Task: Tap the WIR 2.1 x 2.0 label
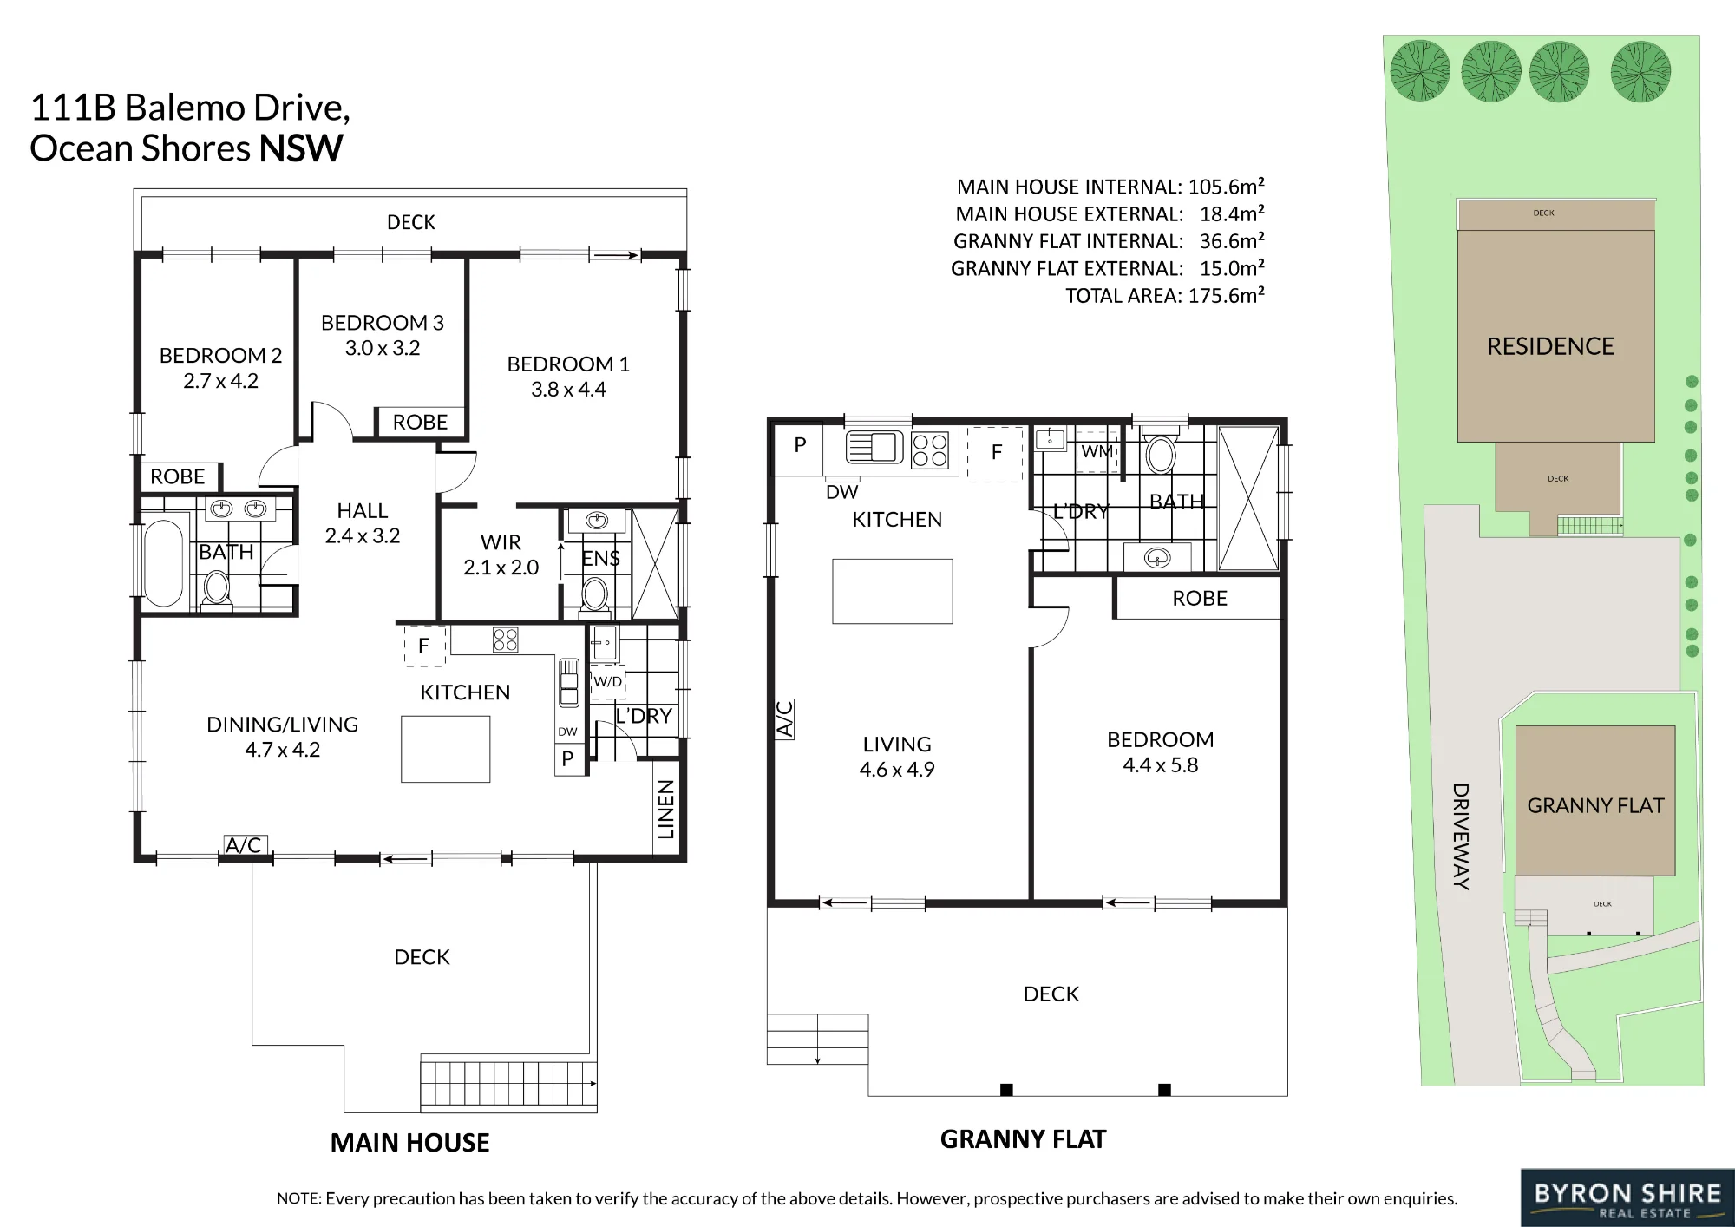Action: tap(501, 554)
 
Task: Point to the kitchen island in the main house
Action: tap(445, 749)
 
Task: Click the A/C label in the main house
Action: tap(244, 844)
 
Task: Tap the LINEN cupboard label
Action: tap(665, 810)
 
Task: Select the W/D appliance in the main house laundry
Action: tap(608, 682)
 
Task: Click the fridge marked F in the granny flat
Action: tap(996, 453)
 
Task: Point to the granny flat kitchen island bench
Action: tap(893, 591)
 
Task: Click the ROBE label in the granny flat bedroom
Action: tap(1200, 599)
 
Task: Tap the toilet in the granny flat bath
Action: tap(1161, 449)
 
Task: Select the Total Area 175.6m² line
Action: tap(1165, 296)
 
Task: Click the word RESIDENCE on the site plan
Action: tap(1550, 346)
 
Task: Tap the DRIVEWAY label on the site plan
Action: tap(1461, 837)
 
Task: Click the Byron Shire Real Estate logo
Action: tap(1627, 1198)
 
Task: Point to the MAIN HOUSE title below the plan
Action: tap(409, 1143)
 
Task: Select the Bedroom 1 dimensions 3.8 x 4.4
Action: tap(568, 390)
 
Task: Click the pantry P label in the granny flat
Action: tap(800, 445)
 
